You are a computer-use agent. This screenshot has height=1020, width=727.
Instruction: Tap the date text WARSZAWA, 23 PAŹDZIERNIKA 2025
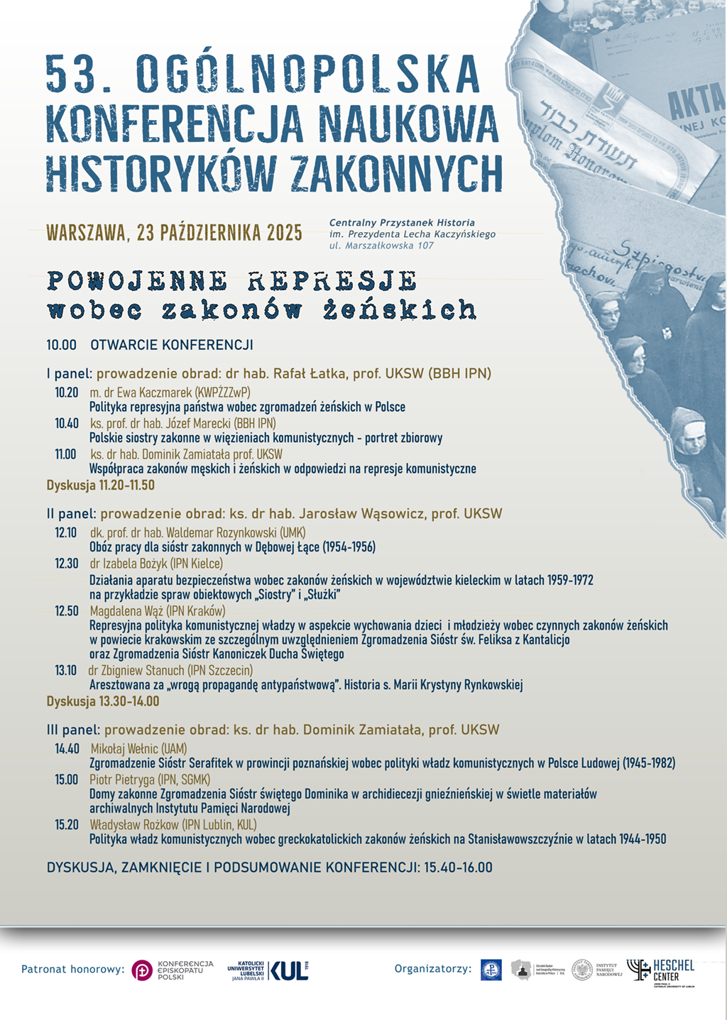(174, 233)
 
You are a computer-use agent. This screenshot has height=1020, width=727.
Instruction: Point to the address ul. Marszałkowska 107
(381, 246)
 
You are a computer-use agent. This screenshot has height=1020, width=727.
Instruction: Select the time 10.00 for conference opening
(61, 346)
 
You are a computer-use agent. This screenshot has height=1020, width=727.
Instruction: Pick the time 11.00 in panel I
(65, 454)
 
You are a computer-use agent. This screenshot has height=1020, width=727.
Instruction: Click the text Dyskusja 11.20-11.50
(100, 486)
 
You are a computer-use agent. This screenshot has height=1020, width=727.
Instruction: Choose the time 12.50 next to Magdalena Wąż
(67, 611)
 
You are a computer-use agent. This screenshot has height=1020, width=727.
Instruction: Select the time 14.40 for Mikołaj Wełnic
(67, 749)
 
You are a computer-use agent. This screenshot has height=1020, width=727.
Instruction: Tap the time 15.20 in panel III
(67, 825)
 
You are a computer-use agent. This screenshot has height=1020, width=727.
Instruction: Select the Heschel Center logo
(660, 972)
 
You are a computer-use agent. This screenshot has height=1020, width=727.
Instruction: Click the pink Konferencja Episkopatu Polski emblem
(142, 970)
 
